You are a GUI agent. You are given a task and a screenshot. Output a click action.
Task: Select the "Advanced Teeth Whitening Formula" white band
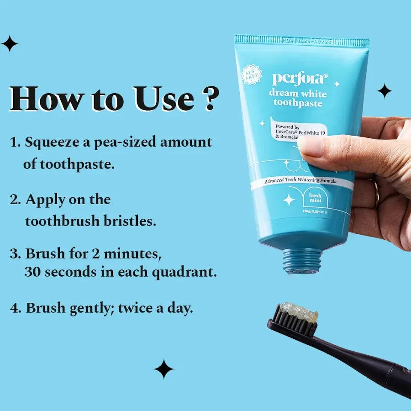click(x=301, y=180)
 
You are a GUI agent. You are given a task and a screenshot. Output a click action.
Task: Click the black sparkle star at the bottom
click(x=163, y=369)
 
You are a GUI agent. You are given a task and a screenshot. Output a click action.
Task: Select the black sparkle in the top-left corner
click(x=10, y=44)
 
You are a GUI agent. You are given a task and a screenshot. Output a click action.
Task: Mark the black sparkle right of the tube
click(x=385, y=90)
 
